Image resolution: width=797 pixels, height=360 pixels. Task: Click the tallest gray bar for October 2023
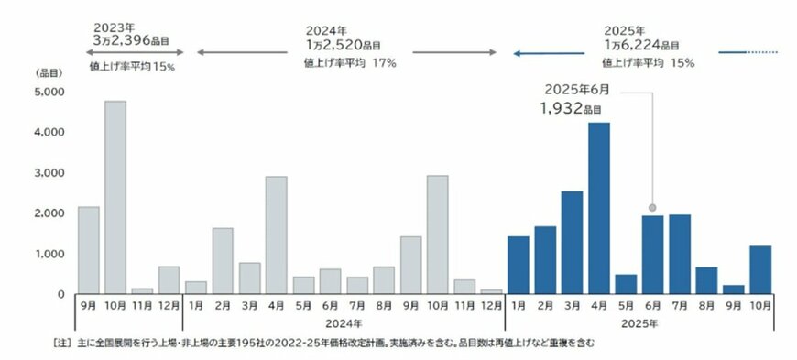(x=115, y=197)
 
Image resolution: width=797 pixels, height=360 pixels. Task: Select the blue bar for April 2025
(x=598, y=208)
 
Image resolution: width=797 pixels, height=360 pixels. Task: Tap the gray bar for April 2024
(x=276, y=235)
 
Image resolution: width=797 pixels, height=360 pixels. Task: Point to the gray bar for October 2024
(x=437, y=235)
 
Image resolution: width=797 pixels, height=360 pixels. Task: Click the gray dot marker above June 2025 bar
(x=652, y=208)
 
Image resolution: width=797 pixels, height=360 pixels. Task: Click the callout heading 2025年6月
(x=576, y=90)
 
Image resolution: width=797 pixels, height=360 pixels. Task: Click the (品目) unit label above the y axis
(x=48, y=71)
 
